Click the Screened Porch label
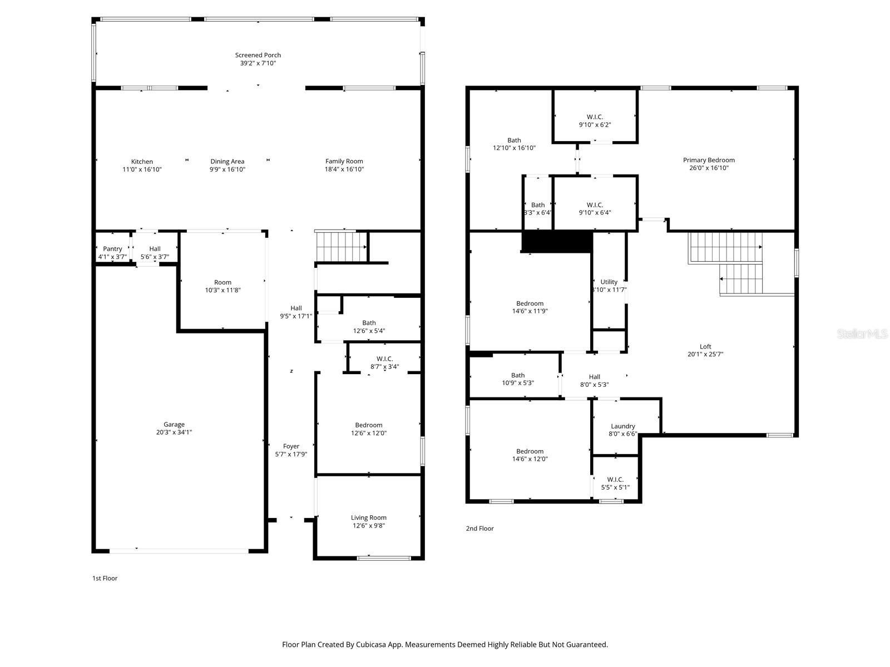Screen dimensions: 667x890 (x=258, y=55)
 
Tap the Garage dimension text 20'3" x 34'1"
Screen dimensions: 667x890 (x=174, y=432)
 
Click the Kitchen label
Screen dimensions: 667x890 (x=142, y=162)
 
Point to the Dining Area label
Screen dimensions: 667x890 (x=227, y=162)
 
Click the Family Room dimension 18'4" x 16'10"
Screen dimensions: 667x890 (x=344, y=170)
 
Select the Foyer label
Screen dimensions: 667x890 (x=291, y=446)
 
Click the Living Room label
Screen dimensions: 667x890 (x=368, y=517)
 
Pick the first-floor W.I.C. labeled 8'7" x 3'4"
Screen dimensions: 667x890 (x=384, y=362)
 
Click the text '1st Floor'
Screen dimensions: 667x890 (x=105, y=578)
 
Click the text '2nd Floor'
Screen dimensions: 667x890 (x=479, y=529)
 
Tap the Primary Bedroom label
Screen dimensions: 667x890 (x=709, y=160)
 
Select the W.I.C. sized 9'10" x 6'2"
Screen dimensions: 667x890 (x=595, y=121)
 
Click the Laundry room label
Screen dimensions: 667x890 (x=622, y=426)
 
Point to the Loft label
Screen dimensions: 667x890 (x=705, y=347)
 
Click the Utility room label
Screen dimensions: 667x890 (x=609, y=282)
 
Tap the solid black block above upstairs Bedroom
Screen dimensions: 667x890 (x=557, y=242)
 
